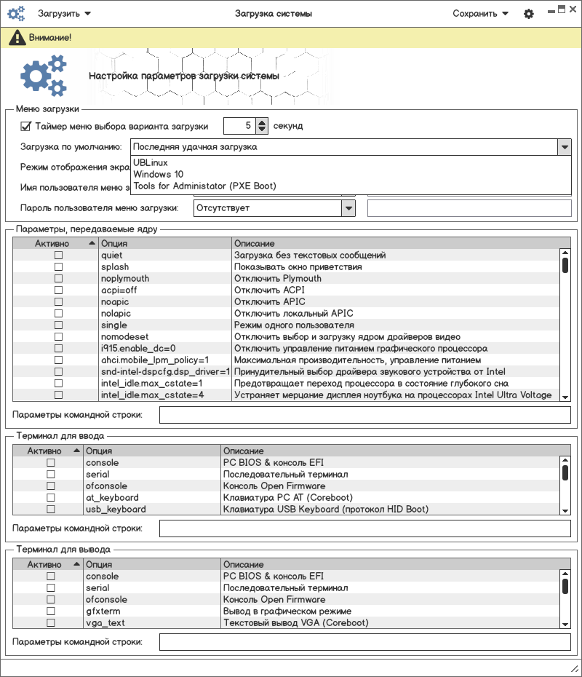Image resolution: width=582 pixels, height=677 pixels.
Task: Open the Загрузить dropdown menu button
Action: [64, 14]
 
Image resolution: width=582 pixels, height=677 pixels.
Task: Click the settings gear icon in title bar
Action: [529, 14]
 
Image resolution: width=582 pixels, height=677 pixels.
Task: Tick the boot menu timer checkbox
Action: [25, 126]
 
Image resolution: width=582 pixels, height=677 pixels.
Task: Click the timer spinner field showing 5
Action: [239, 126]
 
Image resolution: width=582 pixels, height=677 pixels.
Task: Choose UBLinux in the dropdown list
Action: [151, 163]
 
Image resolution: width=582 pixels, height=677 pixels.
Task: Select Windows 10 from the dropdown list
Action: [159, 175]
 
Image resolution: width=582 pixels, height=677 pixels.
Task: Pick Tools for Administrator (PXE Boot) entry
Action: [204, 186]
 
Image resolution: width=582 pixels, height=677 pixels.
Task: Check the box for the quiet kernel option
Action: [59, 256]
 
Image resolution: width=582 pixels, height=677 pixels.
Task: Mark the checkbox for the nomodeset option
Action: [59, 337]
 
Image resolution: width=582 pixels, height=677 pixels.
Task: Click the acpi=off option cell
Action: [119, 290]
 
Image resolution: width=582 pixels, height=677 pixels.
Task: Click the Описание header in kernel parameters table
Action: [255, 243]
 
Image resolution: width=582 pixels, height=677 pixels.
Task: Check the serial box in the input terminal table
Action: [51, 475]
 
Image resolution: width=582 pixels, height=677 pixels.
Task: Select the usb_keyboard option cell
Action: [116, 510]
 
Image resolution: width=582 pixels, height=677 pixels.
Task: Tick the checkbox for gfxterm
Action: [51, 611]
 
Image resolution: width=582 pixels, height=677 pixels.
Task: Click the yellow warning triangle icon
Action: [15, 37]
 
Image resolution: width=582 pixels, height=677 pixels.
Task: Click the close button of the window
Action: [573, 9]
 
